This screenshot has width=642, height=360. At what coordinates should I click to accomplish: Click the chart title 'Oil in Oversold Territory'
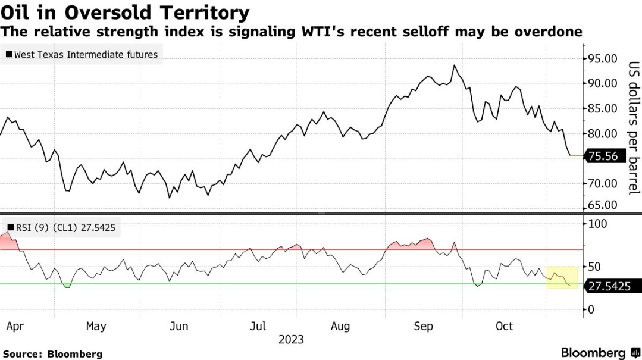click(x=125, y=12)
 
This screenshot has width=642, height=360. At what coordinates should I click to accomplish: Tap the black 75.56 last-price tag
click(x=606, y=156)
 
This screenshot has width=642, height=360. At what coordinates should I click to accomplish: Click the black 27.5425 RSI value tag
click(x=609, y=286)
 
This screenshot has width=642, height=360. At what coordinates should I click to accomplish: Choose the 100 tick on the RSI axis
click(x=597, y=224)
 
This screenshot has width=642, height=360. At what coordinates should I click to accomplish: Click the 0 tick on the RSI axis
click(x=591, y=309)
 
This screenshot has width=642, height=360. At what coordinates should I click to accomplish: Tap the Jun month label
click(x=179, y=326)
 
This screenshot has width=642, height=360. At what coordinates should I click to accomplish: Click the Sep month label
click(x=424, y=326)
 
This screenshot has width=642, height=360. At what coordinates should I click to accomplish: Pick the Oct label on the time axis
click(x=504, y=326)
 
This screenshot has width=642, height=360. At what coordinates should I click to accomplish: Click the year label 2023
click(x=291, y=340)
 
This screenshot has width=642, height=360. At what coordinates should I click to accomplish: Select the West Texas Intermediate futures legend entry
click(x=82, y=55)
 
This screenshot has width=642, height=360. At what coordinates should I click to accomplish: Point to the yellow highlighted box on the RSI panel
click(x=562, y=277)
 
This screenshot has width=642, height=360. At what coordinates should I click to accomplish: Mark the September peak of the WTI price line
click(x=455, y=65)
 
